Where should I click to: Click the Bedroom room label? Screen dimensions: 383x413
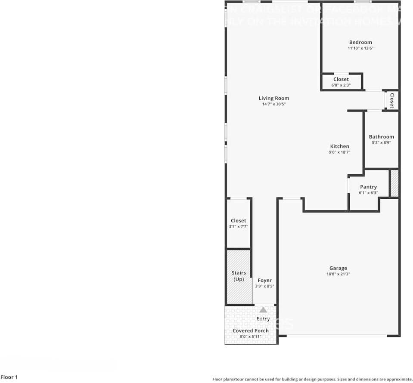pos(360,42)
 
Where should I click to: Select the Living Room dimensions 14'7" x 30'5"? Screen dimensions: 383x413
pos(273,104)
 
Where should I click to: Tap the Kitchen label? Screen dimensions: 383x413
pos(339,146)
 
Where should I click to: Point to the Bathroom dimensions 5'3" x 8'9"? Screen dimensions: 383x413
pos(381,142)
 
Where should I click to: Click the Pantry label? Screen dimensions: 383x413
pos(368,187)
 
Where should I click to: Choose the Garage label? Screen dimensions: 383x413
pos(338,268)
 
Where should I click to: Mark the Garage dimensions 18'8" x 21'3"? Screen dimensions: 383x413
pos(338,274)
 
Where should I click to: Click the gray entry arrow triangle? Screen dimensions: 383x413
pos(263,309)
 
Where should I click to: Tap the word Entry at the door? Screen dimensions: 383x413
pos(263,319)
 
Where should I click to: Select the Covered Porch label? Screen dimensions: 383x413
pos(250,330)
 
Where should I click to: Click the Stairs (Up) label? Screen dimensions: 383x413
pos(239,276)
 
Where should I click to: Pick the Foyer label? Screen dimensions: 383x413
pos(264,280)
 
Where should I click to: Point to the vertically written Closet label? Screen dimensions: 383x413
pos(392,101)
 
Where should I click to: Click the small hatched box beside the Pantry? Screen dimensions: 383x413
pos(394,184)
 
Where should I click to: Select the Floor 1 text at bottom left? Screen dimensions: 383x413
pos(9,377)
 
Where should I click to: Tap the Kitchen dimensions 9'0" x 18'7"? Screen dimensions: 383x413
pos(339,152)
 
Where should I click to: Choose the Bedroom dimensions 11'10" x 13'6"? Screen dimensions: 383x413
pos(360,48)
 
